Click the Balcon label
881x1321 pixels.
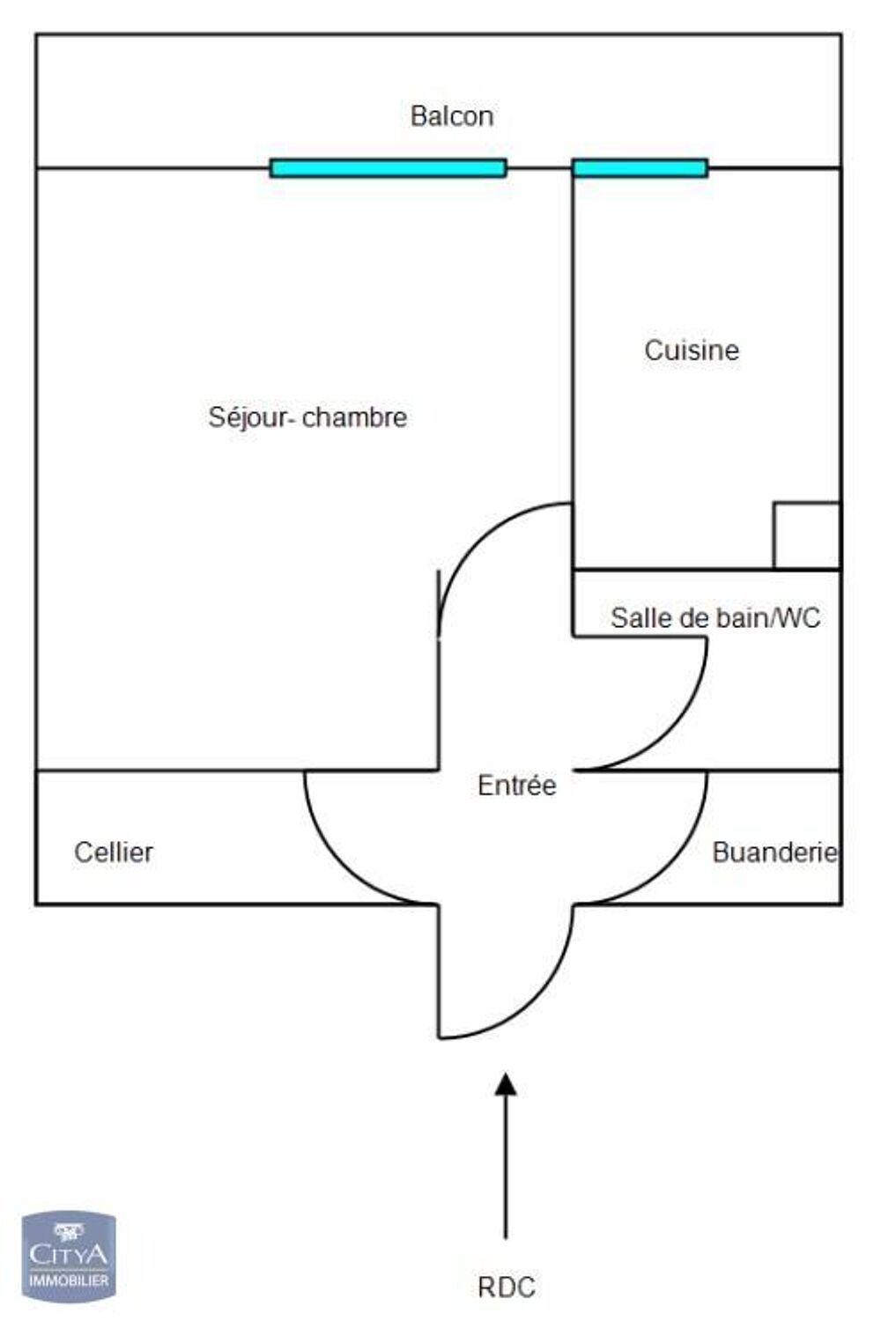(451, 116)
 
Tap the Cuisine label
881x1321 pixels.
(692, 351)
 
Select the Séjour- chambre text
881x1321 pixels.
(307, 417)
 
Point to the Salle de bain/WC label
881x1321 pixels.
(715, 618)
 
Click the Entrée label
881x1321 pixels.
(516, 786)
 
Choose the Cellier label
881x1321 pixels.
(114, 852)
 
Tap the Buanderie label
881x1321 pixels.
(774, 852)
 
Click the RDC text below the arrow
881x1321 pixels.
(507, 1288)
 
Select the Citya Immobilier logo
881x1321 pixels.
(69, 1256)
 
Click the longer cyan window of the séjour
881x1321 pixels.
(388, 168)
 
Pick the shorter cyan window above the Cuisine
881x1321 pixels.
(640, 168)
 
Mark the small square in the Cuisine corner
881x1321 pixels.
(806, 536)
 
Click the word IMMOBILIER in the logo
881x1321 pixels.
(69, 1280)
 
